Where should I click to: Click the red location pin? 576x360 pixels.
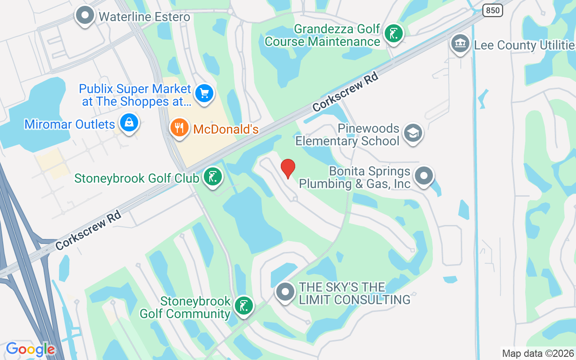pos(288,168)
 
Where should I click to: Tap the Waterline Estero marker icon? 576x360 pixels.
pos(85,16)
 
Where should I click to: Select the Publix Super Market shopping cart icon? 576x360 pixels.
pos(204,94)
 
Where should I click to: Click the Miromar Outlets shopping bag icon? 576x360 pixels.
pos(129,123)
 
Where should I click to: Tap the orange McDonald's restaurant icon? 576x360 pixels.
pos(179,128)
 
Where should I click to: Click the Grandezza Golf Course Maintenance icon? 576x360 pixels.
pos(394,34)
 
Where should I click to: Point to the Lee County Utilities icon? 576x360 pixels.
pos(460,44)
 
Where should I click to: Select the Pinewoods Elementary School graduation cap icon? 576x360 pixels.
pos(413,134)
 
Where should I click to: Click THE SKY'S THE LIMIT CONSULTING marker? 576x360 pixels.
pos(285,292)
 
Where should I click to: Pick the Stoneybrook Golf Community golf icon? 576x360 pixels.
pos(244,306)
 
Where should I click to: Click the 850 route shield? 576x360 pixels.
pos(493,10)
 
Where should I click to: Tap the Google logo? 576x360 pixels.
pos(31,349)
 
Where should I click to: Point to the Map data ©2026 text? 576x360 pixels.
pos(538,353)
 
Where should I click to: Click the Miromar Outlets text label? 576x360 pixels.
pos(70,124)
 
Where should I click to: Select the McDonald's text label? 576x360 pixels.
pos(226,130)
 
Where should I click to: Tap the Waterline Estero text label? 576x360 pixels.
pos(144,17)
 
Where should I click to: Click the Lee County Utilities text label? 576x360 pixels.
pos(525,45)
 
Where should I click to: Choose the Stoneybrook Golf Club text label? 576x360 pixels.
pos(136,178)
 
